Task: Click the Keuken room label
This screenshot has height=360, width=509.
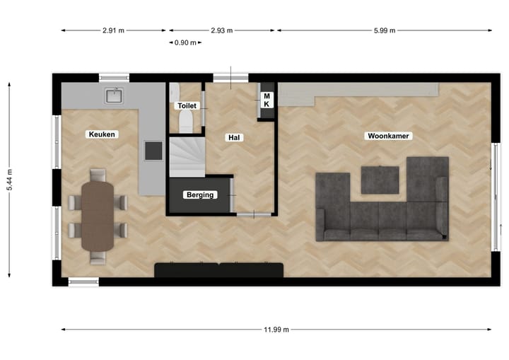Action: [x=102, y=134]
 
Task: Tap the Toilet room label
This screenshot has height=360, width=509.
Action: [x=187, y=105]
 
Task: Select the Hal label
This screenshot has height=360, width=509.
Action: [x=235, y=137]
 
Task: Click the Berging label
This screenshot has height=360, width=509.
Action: [x=201, y=194]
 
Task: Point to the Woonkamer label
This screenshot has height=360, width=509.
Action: [x=388, y=135]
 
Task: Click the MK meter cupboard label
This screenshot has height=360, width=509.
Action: [x=267, y=100]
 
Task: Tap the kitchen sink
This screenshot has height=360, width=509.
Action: [x=114, y=95]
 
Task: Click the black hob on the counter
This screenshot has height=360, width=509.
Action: [x=153, y=150]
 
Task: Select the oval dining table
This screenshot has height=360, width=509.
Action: [x=98, y=216]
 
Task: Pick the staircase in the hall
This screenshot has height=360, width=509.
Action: [x=186, y=156]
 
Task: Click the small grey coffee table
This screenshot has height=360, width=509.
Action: [x=380, y=179]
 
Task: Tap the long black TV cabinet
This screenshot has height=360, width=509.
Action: [x=218, y=270]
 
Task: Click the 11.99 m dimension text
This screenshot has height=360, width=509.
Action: [x=276, y=329]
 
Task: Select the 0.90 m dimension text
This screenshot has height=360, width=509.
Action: [x=185, y=42]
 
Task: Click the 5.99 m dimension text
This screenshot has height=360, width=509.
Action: [x=384, y=30]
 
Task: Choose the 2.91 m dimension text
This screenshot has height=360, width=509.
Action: [x=113, y=30]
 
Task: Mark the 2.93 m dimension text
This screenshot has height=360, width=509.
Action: [x=221, y=30]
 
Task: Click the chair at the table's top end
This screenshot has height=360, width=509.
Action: [x=98, y=174]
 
